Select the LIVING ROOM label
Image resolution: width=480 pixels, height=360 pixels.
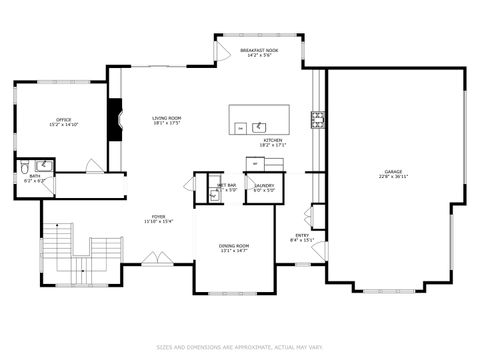tap(166, 118)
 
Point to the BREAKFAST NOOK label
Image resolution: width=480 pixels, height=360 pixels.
tap(258, 49)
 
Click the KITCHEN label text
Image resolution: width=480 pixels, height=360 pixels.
tap(272, 140)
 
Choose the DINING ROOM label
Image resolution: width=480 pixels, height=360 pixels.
tap(234, 245)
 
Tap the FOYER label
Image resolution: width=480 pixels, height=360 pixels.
tap(158, 215)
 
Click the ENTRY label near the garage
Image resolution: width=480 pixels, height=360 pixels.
tap(302, 235)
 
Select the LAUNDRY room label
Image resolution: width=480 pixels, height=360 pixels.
tap(264, 185)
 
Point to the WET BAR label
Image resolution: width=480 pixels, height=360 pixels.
tap(226, 185)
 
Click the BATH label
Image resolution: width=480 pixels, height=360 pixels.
tap(34, 176)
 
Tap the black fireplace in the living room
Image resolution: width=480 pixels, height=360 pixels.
tap(115, 117)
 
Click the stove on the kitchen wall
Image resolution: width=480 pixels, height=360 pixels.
tap(318, 120)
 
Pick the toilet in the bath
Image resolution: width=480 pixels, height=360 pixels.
tap(25, 166)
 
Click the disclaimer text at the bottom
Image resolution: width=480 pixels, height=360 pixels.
tap(240, 348)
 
